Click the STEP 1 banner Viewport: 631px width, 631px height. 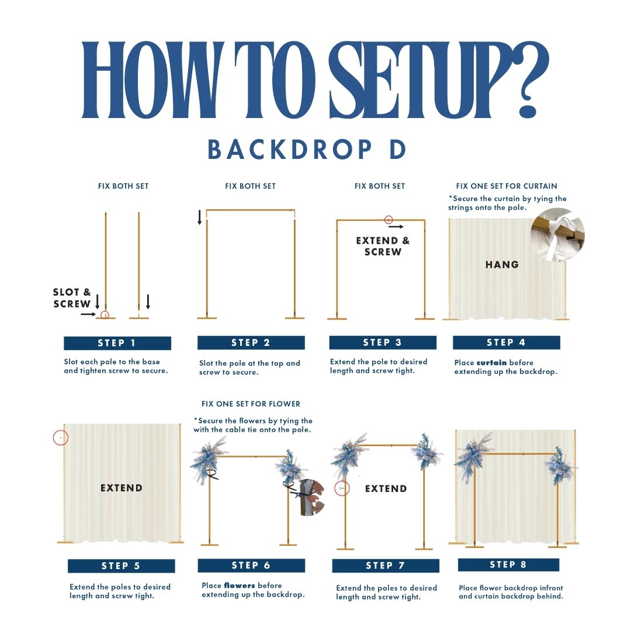click(117, 344)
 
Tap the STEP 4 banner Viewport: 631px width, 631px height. click(506, 342)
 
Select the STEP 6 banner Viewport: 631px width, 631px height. click(251, 566)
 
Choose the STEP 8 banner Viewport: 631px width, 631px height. click(509, 564)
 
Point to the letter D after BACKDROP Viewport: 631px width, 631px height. click(398, 150)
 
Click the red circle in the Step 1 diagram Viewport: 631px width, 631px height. click(105, 315)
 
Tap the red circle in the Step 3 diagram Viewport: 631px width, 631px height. click(389, 220)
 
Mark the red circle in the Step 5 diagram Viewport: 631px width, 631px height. click(61, 438)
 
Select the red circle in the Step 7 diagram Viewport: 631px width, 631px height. click(342, 488)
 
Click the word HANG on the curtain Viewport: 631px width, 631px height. click(502, 265)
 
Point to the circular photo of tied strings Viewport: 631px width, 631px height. click(557, 235)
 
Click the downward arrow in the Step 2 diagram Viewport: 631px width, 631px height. click(200, 217)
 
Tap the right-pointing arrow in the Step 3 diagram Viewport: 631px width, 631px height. click(396, 227)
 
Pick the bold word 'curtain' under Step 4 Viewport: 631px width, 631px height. click(491, 363)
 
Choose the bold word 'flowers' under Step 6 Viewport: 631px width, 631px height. click(240, 585)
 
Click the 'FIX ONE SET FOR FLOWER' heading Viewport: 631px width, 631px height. click(251, 404)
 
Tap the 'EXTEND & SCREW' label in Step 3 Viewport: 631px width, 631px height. click(383, 247)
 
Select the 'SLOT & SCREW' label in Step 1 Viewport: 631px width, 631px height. click(72, 298)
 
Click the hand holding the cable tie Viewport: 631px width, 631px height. click(312, 497)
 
